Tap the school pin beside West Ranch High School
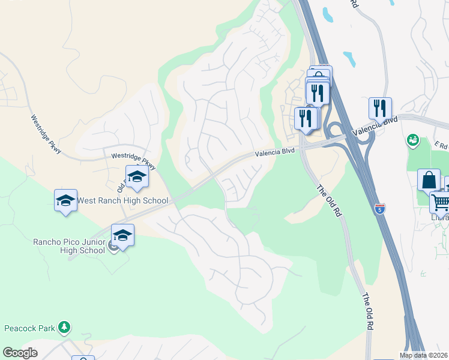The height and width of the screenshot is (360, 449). [x=65, y=202]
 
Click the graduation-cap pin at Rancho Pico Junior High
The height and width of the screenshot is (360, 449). [x=122, y=236]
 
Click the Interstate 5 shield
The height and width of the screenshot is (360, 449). [x=379, y=209]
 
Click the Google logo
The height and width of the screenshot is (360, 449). [x=20, y=353]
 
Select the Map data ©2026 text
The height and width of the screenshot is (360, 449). [x=424, y=355]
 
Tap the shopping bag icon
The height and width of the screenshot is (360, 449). [x=429, y=181]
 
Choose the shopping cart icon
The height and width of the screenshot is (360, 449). [x=441, y=202]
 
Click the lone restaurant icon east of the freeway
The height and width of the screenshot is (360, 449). [x=380, y=109]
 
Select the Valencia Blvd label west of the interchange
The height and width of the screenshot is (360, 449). [x=274, y=153]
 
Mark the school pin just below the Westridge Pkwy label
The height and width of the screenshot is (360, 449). [x=137, y=178]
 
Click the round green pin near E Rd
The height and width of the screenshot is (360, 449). [x=412, y=140]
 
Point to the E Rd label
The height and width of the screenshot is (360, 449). [x=441, y=146]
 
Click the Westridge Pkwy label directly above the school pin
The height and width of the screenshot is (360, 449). [x=133, y=161]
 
